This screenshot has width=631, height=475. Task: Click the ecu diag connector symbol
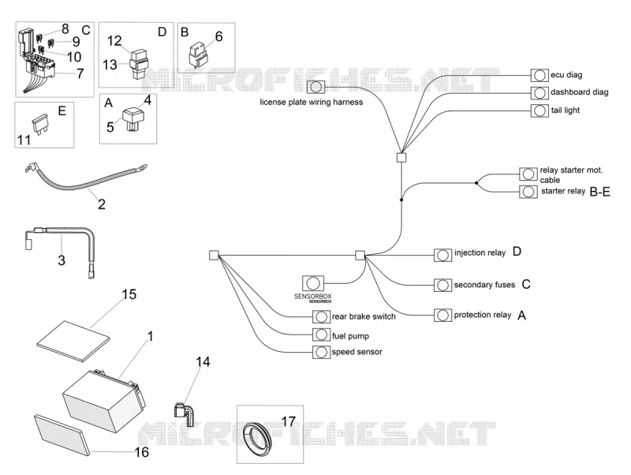click(540, 75)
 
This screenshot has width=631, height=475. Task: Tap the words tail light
click(565, 110)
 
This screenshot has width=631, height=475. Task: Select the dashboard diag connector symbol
click(540, 93)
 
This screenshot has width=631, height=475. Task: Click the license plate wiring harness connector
click(316, 87)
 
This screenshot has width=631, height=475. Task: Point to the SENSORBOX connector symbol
click(312, 283)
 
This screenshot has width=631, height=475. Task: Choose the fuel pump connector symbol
click(321, 335)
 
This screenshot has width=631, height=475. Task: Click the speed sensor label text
click(357, 352)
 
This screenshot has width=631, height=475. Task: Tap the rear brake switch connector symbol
click(321, 317)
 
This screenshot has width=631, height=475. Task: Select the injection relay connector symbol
click(442, 255)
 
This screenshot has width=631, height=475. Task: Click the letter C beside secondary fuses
click(526, 284)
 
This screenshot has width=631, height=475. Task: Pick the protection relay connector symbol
click(442, 315)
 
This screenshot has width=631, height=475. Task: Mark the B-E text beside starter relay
click(599, 192)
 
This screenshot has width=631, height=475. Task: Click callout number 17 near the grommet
click(289, 421)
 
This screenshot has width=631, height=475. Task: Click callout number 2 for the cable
click(102, 204)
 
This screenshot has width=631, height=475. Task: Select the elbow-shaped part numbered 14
click(185, 413)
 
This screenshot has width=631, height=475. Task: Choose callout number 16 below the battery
click(142, 452)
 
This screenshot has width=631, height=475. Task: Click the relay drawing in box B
click(199, 54)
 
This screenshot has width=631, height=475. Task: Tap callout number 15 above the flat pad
click(129, 294)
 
